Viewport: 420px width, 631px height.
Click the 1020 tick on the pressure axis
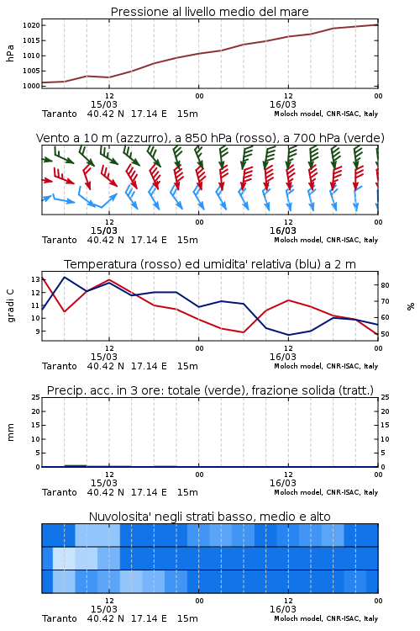coord(31,25)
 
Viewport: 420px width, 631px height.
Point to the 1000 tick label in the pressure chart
coord(31,86)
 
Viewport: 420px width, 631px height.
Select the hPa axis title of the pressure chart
coord(10,53)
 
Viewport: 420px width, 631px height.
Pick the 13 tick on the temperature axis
coord(35,279)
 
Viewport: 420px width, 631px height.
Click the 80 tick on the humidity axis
coord(385,285)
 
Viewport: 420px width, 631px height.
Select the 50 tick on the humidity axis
coord(385,334)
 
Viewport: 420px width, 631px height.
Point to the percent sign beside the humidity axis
coord(411,306)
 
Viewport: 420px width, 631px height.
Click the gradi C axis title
coord(10,305)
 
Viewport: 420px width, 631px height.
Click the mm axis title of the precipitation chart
coord(10,432)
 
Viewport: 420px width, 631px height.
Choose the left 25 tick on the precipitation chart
coord(35,397)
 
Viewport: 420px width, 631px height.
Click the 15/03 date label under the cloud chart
coord(104,609)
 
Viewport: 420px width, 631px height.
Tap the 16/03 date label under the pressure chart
coord(283,104)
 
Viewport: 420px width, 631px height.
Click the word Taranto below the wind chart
coord(60,241)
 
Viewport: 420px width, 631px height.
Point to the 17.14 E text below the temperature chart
coord(149,366)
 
